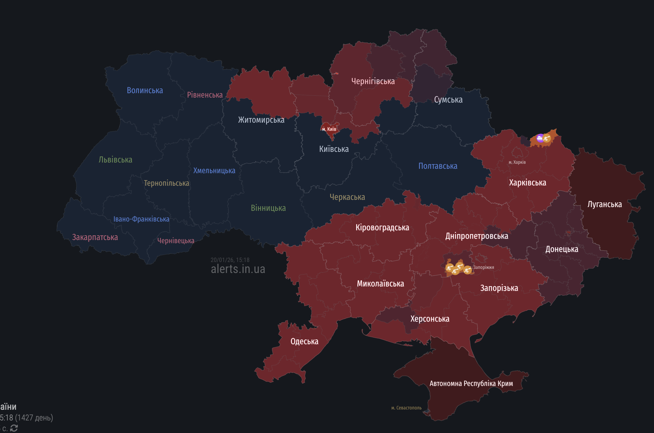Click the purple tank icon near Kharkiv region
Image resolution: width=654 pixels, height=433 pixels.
(x=540, y=138)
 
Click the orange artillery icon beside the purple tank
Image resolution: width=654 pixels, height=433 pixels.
(x=547, y=138)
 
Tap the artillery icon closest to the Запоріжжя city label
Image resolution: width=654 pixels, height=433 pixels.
(x=468, y=270)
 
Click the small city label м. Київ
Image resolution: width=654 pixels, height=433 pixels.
(x=329, y=129)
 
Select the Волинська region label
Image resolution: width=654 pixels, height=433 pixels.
(x=145, y=90)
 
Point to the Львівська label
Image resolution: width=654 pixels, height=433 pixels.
(x=115, y=160)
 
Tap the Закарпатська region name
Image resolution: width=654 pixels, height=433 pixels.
(x=95, y=237)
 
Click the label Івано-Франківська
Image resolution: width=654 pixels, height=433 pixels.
(x=141, y=219)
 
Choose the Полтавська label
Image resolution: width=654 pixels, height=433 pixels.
(x=438, y=166)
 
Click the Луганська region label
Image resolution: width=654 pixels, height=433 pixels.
(x=604, y=204)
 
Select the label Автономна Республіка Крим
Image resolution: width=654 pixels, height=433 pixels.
(x=471, y=383)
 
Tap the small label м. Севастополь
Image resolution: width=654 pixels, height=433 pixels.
(x=406, y=408)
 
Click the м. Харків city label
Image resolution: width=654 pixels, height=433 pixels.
(x=517, y=162)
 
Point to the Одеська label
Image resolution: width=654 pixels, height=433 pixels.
(x=304, y=341)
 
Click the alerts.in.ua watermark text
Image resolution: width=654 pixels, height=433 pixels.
(x=238, y=269)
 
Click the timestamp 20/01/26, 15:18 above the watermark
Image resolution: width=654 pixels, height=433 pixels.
(x=230, y=260)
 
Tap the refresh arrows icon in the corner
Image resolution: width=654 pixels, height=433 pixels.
(x=14, y=428)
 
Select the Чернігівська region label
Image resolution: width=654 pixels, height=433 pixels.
(x=373, y=81)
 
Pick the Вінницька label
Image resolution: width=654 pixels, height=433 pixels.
(x=268, y=208)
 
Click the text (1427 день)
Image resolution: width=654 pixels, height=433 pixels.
(x=34, y=418)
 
